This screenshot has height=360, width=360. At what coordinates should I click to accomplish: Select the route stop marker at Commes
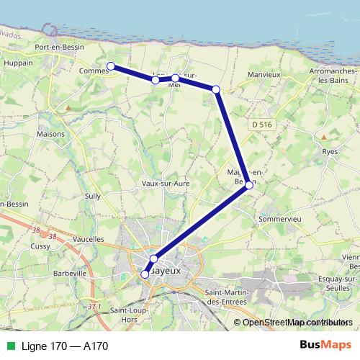111,66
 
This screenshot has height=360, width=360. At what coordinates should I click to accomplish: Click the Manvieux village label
263,74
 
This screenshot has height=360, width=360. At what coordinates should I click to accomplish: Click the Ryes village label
330,151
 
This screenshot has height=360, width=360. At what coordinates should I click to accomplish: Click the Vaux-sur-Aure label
166,184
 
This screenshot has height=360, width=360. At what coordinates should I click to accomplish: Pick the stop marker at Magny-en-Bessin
249,185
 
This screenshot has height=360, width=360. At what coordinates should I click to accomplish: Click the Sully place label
93,195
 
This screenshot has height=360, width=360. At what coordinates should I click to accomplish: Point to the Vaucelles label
89,238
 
